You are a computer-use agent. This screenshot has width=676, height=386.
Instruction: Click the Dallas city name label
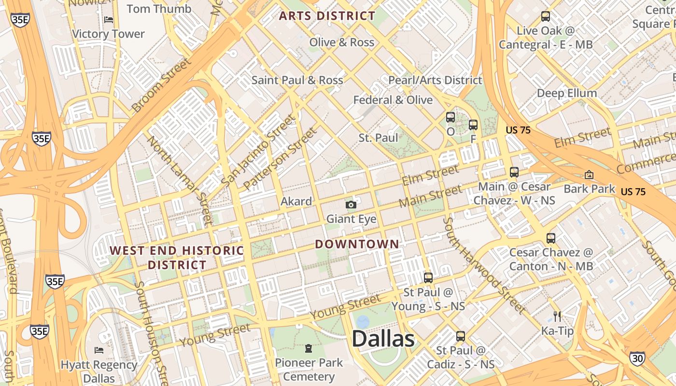click(383, 339)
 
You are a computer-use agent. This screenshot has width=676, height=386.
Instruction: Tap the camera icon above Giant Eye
click(351, 205)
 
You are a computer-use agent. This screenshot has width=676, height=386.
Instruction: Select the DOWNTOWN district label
click(357, 244)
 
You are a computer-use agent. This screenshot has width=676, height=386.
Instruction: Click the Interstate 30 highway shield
click(636, 358)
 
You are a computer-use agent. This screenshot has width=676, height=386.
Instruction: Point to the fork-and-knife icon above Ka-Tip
click(557, 317)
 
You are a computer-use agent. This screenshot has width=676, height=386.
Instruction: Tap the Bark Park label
click(589, 189)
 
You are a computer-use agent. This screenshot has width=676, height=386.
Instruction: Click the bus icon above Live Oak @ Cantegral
click(545, 16)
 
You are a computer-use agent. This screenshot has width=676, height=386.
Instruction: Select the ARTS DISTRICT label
click(327, 16)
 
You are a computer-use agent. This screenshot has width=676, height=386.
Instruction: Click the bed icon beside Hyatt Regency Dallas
click(99, 350)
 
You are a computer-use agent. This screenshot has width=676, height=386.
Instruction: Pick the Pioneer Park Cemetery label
click(309, 369)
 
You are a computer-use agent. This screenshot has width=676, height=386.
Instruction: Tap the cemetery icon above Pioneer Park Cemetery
click(308, 348)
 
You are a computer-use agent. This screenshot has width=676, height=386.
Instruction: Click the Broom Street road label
click(161, 85)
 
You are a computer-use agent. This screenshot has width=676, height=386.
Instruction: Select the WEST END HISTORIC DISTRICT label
click(177, 258)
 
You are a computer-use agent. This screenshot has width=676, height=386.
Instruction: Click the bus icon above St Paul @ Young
click(428, 277)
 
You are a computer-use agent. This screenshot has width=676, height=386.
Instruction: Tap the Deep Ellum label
click(567, 93)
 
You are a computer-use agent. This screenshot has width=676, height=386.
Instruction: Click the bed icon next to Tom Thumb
click(109, 20)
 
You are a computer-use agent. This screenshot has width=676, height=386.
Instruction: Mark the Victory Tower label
click(108, 34)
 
